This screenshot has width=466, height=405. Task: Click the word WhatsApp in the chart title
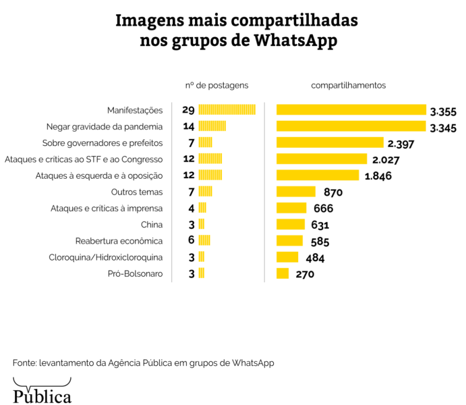[295, 40]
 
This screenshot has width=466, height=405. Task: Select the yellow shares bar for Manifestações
[351, 110]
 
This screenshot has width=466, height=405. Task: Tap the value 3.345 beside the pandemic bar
[443, 126]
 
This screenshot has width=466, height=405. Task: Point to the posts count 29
[187, 110]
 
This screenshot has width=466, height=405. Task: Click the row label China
[152, 225]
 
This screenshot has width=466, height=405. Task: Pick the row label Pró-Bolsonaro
[135, 273]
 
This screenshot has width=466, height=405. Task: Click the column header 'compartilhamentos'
[348, 86]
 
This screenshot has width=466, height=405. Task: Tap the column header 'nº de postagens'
[216, 86]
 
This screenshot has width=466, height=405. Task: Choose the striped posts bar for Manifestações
[227, 110]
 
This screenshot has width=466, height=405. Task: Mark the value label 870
[333, 192]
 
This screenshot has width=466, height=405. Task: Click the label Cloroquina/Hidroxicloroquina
[106, 257]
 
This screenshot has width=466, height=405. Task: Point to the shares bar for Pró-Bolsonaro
[283, 273]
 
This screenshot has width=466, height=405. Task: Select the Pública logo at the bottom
[42, 395]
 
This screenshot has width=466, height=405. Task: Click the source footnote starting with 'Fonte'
[143, 363]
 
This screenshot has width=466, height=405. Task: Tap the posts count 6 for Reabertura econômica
[191, 241]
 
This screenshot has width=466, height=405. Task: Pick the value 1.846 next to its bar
[378, 176]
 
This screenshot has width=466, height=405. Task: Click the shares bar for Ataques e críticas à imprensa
[291, 208]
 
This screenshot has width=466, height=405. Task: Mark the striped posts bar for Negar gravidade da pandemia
[212, 126]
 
